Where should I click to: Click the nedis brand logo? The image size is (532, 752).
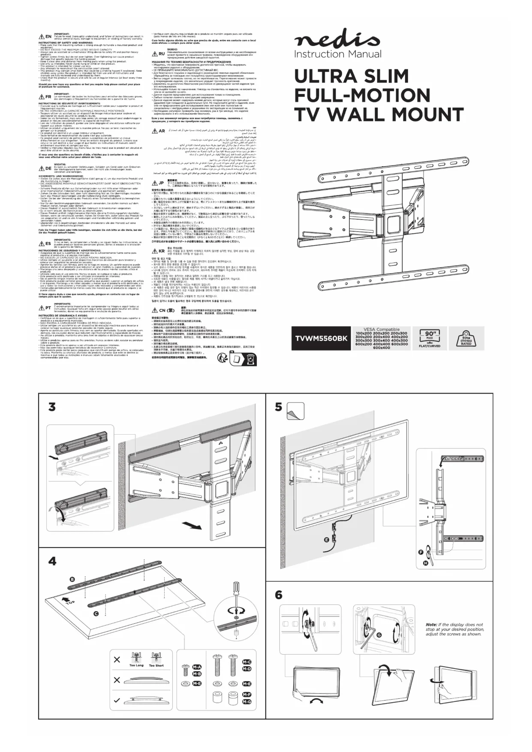[337, 42]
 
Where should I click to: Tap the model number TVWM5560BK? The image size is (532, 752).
[321, 339]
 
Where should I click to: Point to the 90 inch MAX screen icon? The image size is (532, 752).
[429, 337]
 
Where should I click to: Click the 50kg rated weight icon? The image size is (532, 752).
[466, 338]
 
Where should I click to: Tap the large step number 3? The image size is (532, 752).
[52, 406]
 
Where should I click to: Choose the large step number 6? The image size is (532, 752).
[279, 595]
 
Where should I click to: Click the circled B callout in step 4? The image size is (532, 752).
[72, 579]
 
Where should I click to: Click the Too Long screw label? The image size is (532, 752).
[136, 665]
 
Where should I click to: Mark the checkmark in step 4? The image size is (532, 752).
[117, 701]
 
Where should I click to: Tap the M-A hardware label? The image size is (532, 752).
[197, 667]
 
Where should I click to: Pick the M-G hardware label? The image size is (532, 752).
[246, 702]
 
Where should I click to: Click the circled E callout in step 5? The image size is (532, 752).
[327, 539]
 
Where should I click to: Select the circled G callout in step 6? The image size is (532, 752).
[379, 635]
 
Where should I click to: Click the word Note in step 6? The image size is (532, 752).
[431, 625]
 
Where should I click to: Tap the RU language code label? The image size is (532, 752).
[161, 54]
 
